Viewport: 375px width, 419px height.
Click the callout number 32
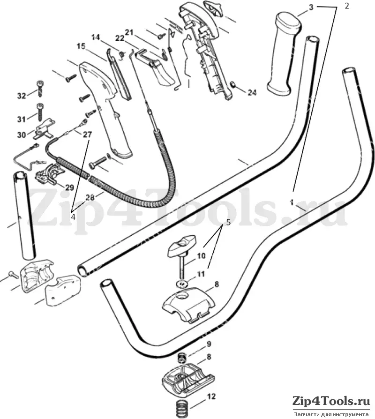(x=22, y=96)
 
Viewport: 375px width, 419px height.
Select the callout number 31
(x=22, y=119)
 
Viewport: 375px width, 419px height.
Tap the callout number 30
(x=22, y=135)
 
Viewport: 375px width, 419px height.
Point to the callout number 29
(x=69, y=187)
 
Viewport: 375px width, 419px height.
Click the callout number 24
(x=252, y=92)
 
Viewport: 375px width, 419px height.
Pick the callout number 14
(x=96, y=37)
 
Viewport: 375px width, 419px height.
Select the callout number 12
(x=211, y=397)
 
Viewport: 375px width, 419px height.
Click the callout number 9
(x=209, y=344)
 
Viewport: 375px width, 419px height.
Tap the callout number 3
(x=311, y=7)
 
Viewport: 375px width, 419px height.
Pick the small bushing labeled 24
(x=233, y=85)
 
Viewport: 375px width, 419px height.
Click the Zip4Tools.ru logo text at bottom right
(x=331, y=402)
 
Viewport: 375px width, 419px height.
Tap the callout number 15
(x=81, y=46)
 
